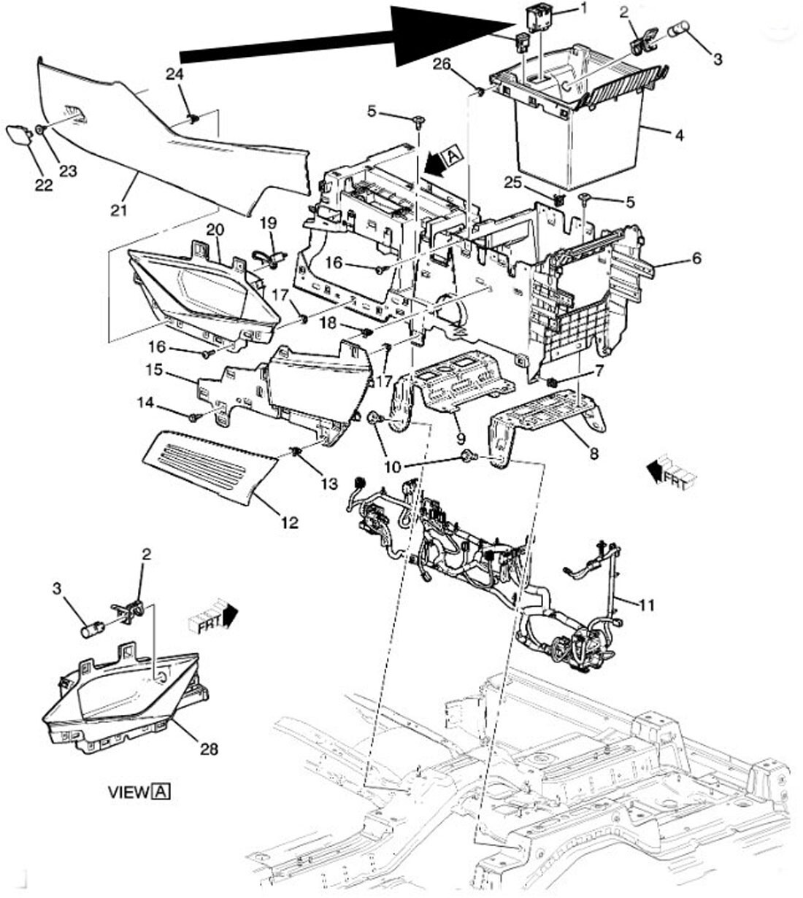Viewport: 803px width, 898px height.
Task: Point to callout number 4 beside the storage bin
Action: (x=679, y=136)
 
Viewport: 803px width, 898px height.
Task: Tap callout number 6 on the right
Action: (x=696, y=259)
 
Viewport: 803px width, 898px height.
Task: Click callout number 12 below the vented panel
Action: (x=290, y=522)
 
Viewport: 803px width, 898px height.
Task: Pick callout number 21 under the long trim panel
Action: (x=119, y=211)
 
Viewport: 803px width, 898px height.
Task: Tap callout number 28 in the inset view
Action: (x=208, y=748)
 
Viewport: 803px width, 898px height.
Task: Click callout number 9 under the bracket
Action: (x=461, y=439)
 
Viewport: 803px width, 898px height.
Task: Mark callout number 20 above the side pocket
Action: (x=214, y=229)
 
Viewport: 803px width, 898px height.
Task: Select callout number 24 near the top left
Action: (x=174, y=74)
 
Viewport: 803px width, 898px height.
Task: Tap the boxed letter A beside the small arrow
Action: (x=453, y=154)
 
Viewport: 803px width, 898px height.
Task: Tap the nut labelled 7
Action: (x=553, y=382)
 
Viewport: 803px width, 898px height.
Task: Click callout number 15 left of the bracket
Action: (x=153, y=371)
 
